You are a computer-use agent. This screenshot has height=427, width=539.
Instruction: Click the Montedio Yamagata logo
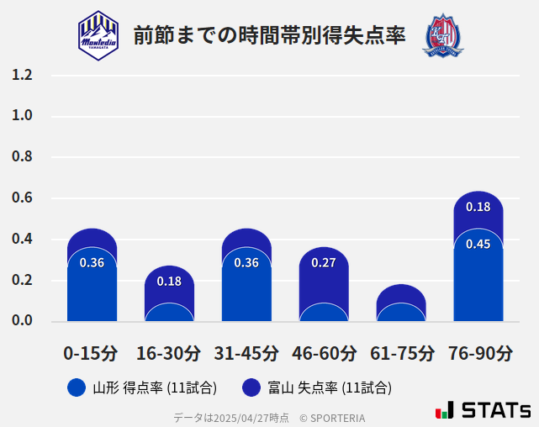[x=98, y=35]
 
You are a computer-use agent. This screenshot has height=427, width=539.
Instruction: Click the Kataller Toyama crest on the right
[x=442, y=35]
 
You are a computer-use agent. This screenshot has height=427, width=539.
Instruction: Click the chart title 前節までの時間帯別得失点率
[x=269, y=35]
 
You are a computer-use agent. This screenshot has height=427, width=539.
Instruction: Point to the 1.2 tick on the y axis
[x=22, y=75]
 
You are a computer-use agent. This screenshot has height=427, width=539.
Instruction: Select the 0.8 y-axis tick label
[x=22, y=157]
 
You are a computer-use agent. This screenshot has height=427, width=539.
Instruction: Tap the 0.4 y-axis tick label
[x=22, y=240]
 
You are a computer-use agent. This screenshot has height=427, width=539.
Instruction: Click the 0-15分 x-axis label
[x=92, y=353]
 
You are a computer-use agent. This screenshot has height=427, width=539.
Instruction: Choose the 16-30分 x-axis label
[x=169, y=353]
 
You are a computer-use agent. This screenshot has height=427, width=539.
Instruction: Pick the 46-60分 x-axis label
[x=324, y=353]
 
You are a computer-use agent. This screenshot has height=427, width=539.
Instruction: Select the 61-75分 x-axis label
[x=401, y=353]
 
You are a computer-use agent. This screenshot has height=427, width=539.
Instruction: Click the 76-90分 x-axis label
[x=478, y=353]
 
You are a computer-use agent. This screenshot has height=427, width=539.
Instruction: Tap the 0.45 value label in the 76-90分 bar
[x=478, y=244]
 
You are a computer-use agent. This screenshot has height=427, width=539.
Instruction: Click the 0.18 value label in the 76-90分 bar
[x=478, y=207]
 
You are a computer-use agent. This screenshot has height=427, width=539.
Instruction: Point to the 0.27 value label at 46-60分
[x=324, y=262]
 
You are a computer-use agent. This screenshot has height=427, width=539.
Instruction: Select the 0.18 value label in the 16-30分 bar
[x=169, y=281]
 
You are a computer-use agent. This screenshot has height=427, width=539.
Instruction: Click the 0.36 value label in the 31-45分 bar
[x=246, y=262]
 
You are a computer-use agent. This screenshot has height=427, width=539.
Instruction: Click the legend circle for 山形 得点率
[x=77, y=387]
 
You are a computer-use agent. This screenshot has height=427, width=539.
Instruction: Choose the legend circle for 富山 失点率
[x=251, y=387]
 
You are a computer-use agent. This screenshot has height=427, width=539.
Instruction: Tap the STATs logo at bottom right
[x=484, y=411]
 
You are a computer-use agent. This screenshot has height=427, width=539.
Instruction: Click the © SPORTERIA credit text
[x=332, y=417]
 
